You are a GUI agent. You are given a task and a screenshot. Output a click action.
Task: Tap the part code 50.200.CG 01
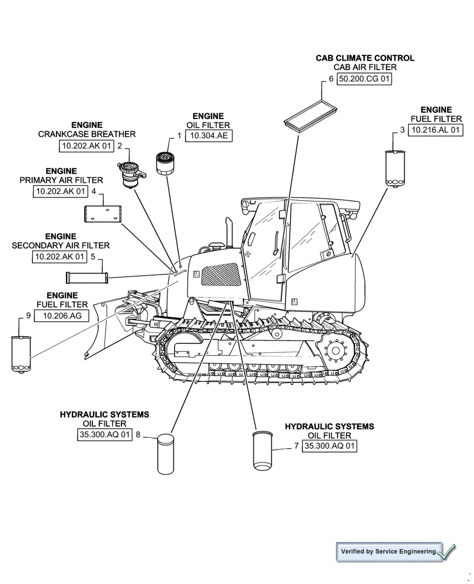tap(364, 79)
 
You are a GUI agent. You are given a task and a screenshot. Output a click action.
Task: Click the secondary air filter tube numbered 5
tap(87, 276)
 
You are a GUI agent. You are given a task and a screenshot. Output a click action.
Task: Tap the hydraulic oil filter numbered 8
tap(166, 453)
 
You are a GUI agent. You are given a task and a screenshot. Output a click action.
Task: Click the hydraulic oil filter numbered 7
tap(262, 450)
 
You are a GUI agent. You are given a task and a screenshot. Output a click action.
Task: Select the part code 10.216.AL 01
tap(435, 130)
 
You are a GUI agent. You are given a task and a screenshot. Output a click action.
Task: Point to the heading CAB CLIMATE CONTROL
tap(365, 58)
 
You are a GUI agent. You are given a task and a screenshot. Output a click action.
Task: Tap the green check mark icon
tap(447, 551)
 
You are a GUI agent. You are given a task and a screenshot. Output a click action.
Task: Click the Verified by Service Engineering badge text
tap(388, 551)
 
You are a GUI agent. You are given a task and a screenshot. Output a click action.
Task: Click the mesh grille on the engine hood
tap(221, 274)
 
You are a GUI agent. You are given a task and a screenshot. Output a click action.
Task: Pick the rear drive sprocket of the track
tap(334, 350)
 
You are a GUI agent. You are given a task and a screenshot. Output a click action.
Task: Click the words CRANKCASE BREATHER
tap(87, 134)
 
